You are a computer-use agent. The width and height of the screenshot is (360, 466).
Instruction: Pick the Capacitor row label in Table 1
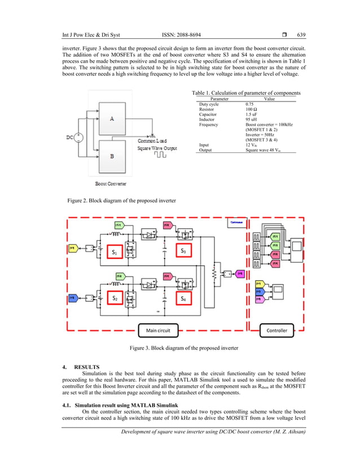coord(210,115)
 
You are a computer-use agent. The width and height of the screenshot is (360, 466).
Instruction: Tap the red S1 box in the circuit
coord(115,252)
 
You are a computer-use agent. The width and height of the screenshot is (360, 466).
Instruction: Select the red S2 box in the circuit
coord(115,297)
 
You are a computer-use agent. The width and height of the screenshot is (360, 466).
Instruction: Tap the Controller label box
coord(276,330)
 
